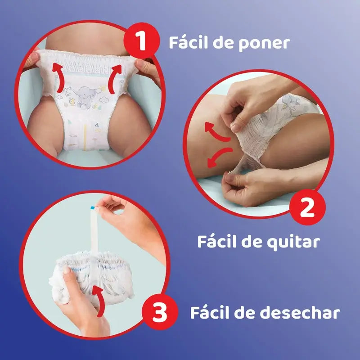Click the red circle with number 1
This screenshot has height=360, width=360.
coord(142,42)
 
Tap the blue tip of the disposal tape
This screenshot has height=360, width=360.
coord(93,207)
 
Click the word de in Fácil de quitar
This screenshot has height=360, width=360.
coord(249,242)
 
